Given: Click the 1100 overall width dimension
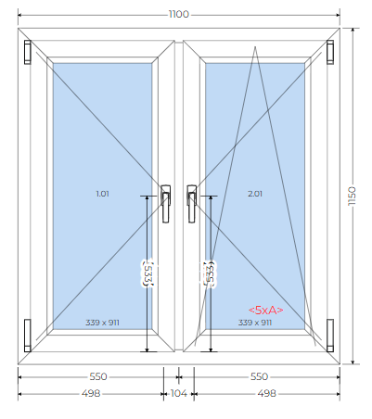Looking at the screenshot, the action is tap(179, 14).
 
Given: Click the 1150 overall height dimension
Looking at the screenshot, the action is tap(352, 197).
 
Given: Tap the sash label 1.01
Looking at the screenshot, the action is tap(102, 194).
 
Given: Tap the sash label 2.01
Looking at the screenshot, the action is tap(255, 194).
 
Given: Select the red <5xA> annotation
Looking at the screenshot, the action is tap(266, 310).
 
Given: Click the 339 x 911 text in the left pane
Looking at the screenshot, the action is tap(102, 323).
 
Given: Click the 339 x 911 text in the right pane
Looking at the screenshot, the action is tap(255, 323).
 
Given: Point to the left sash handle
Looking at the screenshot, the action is tap(166, 204).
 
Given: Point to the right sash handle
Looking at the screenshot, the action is tap(192, 204).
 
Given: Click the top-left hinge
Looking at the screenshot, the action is tap(28, 52).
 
